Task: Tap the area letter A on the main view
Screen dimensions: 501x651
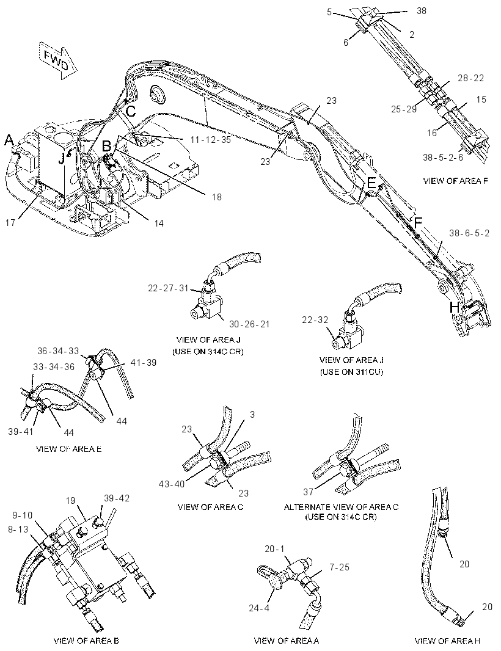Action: (9, 140)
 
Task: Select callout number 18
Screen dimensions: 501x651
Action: (216, 197)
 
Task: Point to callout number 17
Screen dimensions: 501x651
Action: (10, 223)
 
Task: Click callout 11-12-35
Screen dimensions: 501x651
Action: (211, 140)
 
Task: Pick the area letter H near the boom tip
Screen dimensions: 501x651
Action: (454, 308)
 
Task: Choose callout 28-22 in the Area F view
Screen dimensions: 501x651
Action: (470, 78)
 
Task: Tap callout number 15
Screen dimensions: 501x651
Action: (481, 100)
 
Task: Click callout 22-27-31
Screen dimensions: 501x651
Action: (168, 288)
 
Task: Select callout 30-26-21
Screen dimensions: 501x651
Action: (249, 324)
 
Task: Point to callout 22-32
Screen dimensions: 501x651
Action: (315, 320)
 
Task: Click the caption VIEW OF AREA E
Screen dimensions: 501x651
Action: (69, 449)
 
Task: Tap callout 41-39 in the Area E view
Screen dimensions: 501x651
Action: (144, 363)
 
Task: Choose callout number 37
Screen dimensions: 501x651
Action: (309, 492)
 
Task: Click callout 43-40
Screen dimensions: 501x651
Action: (172, 484)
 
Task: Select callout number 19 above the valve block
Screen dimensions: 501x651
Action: (70, 500)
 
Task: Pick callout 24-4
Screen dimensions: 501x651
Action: (260, 608)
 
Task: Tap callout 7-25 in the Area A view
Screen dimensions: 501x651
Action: (340, 567)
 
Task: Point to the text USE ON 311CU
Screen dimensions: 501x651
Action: (351, 372)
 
